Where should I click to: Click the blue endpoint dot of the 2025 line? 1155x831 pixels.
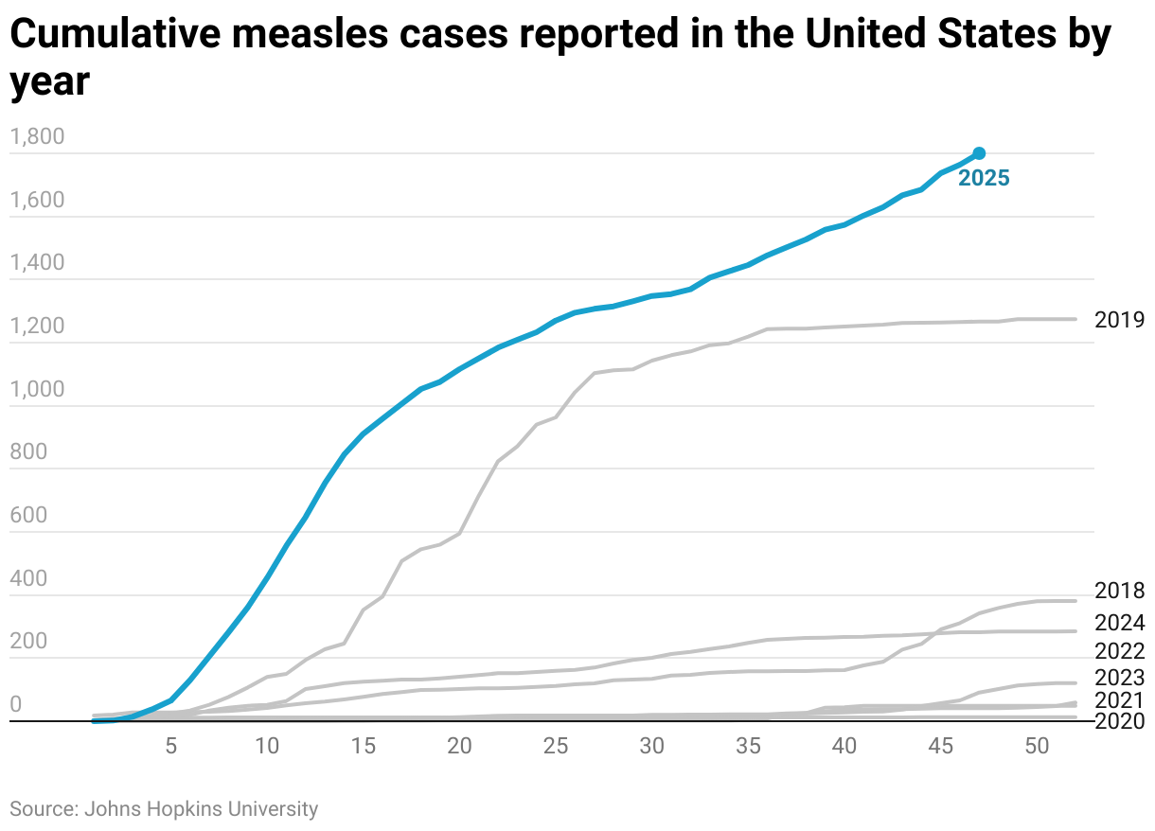pyautogui.click(x=979, y=153)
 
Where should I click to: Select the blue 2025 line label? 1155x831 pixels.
pyautogui.click(x=984, y=178)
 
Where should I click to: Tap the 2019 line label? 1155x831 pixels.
pyautogui.click(x=1119, y=320)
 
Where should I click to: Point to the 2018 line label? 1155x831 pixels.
pyautogui.click(x=1119, y=592)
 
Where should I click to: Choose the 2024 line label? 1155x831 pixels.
pyautogui.click(x=1119, y=623)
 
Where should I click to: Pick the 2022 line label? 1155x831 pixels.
pyautogui.click(x=1119, y=651)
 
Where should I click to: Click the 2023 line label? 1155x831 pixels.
pyautogui.click(x=1119, y=678)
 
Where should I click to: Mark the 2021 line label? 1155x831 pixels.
pyautogui.click(x=1119, y=701)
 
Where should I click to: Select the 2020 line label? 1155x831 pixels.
pyautogui.click(x=1119, y=722)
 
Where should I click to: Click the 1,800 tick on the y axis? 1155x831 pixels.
pyautogui.click(x=37, y=138)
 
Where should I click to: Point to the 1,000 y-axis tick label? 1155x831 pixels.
pyautogui.click(x=37, y=390)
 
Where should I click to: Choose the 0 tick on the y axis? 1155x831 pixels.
pyautogui.click(x=16, y=705)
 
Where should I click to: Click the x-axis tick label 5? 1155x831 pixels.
pyautogui.click(x=171, y=746)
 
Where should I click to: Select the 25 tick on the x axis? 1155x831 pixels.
pyautogui.click(x=556, y=746)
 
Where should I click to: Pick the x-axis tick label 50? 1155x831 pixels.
pyautogui.click(x=1037, y=746)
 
